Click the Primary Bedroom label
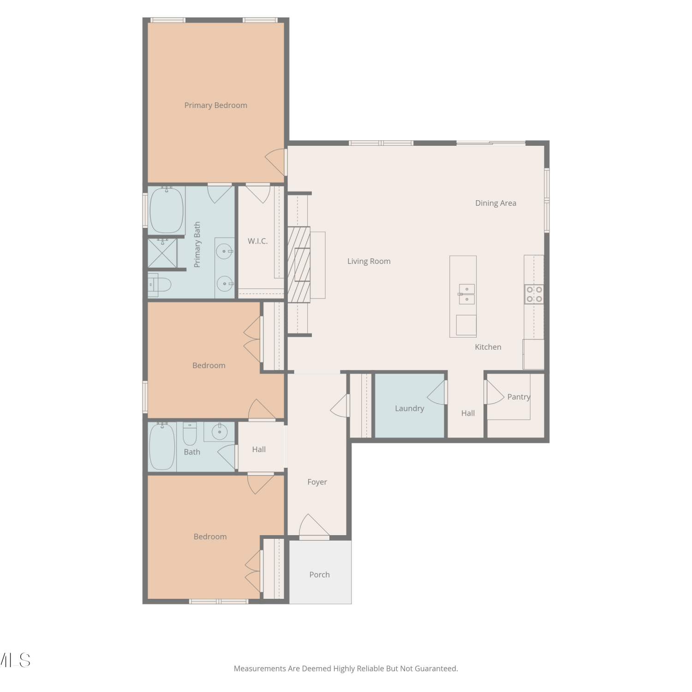tap(215, 105)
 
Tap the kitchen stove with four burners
tap(534, 294)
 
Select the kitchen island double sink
tap(466, 294)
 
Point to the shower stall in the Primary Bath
tap(162, 252)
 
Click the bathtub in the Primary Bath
tap(167, 210)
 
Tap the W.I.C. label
tap(257, 241)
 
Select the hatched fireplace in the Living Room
tap(299, 264)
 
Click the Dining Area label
tap(495, 203)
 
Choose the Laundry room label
tap(409, 408)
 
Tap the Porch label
tap(319, 574)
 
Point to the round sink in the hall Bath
tap(220, 432)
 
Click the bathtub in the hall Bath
tap(162, 447)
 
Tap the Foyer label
tap(317, 482)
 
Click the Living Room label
tap(369, 261)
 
